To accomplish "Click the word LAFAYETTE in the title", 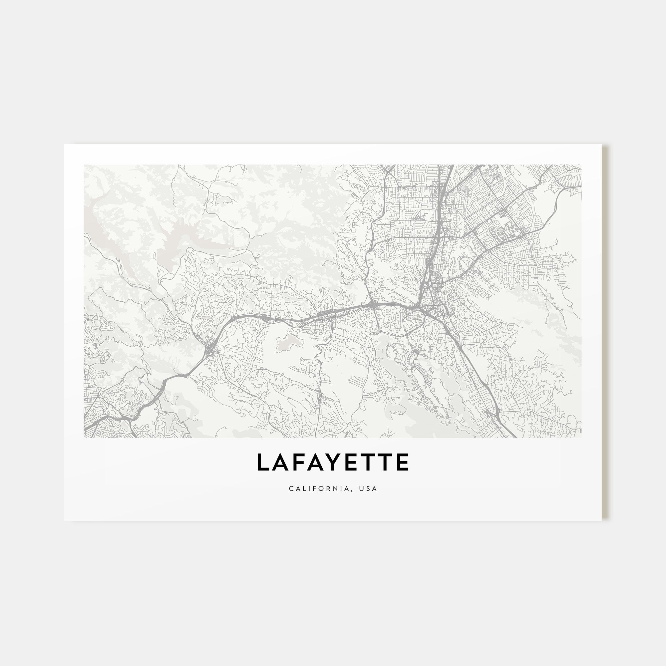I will (333, 462).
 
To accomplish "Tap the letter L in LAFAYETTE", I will (263, 462).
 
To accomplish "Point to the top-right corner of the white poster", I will (601, 145).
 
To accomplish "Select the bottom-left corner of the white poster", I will (65, 520).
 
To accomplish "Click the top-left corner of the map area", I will (84, 165).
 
